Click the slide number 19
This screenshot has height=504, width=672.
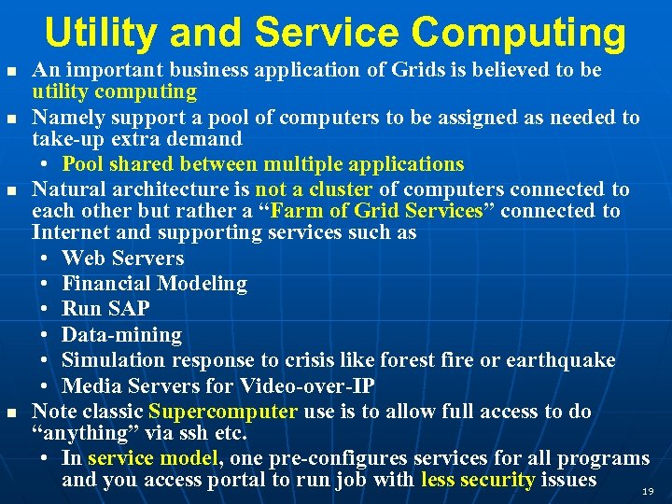tap(648, 490)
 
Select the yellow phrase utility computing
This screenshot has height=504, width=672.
tap(114, 91)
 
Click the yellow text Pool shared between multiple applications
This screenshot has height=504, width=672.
tap(262, 164)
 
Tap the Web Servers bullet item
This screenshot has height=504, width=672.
tap(122, 259)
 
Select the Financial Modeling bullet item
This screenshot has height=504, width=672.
tap(154, 284)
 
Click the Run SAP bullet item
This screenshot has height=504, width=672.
tap(105, 309)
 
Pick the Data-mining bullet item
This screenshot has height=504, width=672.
tap(121, 334)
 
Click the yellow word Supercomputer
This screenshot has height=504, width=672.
tap(223, 412)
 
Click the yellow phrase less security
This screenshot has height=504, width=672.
tap(477, 481)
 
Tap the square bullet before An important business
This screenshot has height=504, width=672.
tap(11, 71)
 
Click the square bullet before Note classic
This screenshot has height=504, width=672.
tap(11, 413)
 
